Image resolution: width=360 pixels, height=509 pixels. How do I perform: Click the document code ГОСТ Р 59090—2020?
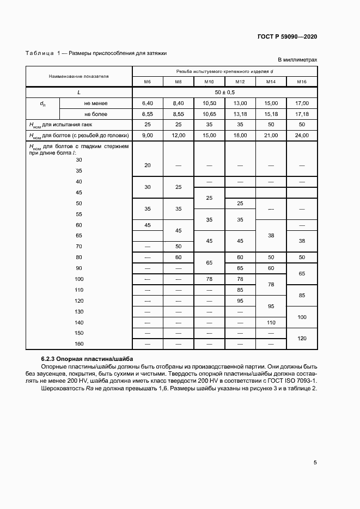288,36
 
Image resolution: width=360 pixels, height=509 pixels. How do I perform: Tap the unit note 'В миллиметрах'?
297,60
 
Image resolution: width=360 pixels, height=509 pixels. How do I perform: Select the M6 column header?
147,82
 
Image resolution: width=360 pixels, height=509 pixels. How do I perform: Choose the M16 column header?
302,82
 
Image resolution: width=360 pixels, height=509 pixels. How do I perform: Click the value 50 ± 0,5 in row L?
224,93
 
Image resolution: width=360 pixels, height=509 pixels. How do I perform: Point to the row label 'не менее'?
95,103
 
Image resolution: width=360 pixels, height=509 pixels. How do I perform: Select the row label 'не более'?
95,114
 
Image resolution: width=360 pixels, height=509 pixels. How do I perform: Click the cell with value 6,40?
148,103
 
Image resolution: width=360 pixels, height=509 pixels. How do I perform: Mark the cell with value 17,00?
302,103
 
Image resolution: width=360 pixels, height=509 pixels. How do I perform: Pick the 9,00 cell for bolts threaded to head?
148,135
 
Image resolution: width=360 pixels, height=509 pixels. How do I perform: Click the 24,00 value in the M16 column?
302,135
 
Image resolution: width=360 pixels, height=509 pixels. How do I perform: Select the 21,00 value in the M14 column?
271,135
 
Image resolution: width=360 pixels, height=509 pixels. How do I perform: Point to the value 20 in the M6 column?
148,165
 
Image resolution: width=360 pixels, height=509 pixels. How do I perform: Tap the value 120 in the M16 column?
302,338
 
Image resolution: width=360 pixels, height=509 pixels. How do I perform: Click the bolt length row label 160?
79,344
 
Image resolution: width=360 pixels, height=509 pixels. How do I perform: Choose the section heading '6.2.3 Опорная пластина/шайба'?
87,359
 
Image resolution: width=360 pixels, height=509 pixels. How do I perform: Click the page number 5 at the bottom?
315,463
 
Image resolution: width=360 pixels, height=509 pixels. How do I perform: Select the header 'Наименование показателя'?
79,76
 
